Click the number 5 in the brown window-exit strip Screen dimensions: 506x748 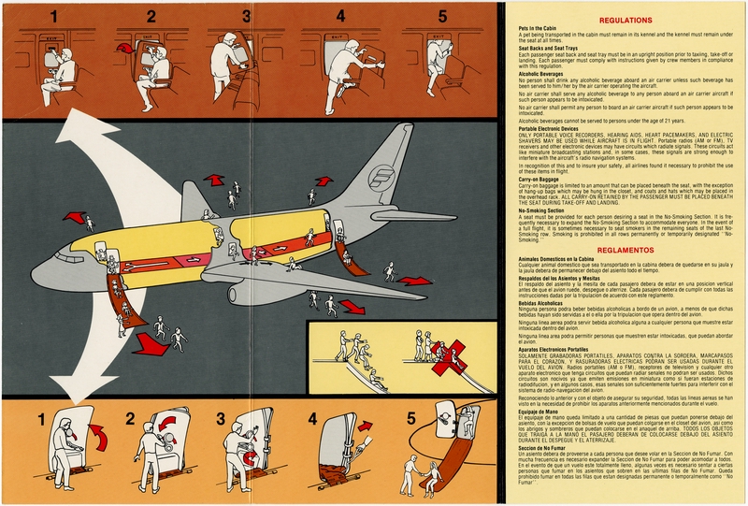[x=441, y=16]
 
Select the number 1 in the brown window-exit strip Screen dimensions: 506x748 [x=54, y=16]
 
